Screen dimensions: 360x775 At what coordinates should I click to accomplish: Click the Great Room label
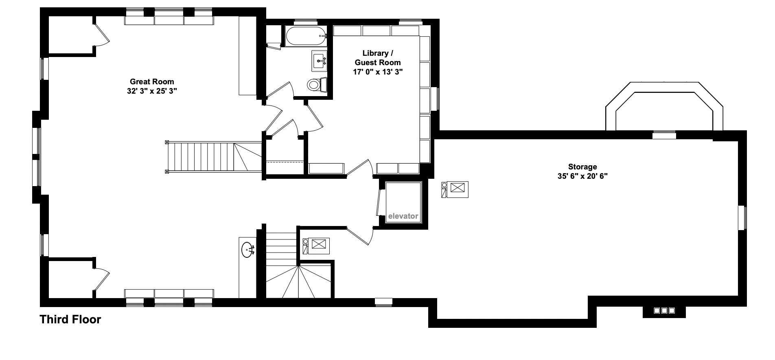point(152,81)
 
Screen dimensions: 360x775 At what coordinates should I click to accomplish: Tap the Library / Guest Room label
point(378,58)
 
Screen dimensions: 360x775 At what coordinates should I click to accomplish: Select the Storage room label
point(582,167)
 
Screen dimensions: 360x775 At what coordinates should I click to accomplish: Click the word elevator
point(403,216)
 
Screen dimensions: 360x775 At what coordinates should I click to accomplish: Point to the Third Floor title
point(70,319)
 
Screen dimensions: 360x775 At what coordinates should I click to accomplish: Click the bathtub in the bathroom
point(306,36)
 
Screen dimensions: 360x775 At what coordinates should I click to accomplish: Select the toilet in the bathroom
point(315,84)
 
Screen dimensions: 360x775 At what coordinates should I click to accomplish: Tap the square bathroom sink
point(320,61)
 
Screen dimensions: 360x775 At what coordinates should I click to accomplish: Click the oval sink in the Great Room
point(247,250)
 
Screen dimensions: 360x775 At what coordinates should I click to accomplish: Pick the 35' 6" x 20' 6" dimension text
point(582,176)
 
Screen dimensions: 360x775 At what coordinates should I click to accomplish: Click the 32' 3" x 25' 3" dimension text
point(152,91)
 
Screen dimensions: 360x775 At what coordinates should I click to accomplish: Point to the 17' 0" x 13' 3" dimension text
point(378,72)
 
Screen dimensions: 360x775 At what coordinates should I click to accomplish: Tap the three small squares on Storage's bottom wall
point(664,311)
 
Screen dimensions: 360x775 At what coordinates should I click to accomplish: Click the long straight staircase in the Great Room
point(208,157)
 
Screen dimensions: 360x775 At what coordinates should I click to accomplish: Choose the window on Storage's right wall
point(742,217)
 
